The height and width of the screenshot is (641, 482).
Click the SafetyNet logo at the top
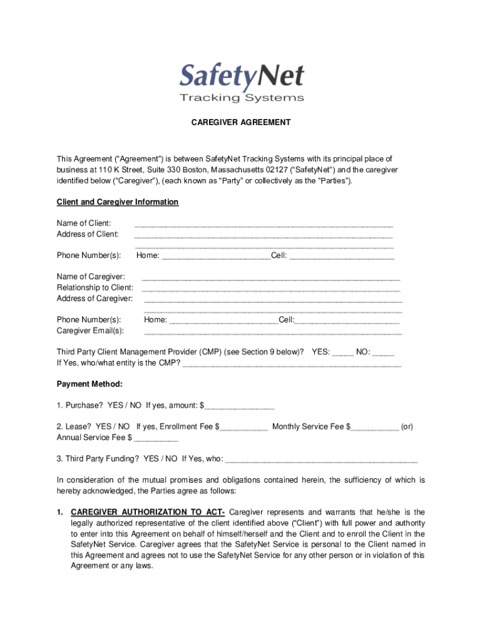[x=241, y=76]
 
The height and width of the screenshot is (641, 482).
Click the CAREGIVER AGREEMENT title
[x=241, y=123]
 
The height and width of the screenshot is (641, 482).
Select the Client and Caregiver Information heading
[x=118, y=202]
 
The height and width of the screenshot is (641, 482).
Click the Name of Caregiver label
[x=91, y=277]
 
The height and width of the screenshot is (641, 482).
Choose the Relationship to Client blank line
[x=270, y=288]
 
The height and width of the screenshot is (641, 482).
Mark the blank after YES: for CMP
[x=342, y=352]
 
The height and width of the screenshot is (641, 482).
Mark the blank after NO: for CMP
[x=383, y=352]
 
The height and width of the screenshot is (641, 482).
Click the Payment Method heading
[x=90, y=384]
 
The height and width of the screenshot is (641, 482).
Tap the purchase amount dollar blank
[x=240, y=406]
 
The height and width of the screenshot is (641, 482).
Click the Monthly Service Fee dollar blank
[x=376, y=427]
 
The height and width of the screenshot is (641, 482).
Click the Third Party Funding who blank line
[x=320, y=459]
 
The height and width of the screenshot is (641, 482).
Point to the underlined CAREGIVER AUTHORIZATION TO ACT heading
[x=148, y=512]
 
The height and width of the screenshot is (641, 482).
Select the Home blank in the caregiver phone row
[x=223, y=320]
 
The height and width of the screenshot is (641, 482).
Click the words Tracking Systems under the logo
[x=242, y=98]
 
